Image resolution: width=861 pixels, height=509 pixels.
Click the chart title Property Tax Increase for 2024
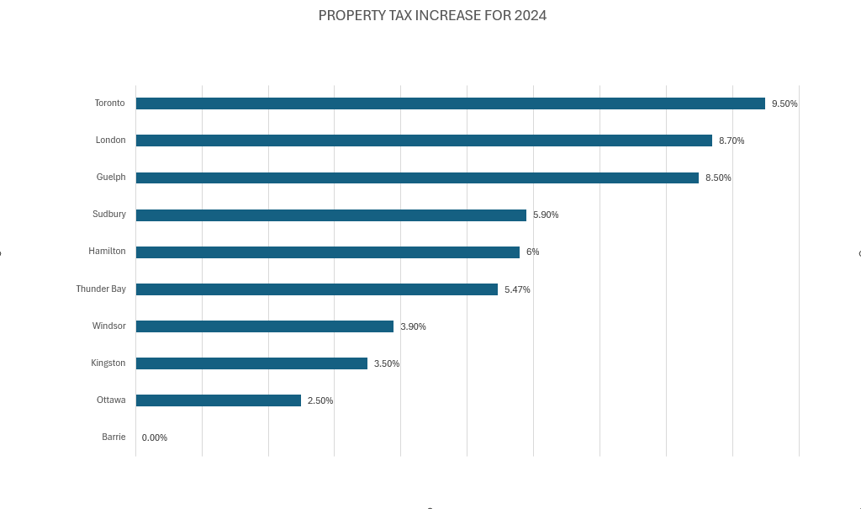click(432, 16)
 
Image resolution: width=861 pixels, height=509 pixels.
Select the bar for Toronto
click(450, 103)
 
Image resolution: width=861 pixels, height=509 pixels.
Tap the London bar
click(424, 141)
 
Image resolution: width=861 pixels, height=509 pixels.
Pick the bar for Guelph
click(417, 178)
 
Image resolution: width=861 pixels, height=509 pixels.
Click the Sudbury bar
click(330, 215)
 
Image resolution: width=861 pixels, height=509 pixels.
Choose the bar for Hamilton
click(327, 252)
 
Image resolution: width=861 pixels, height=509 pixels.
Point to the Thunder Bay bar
click(316, 289)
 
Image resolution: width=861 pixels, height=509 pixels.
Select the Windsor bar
click(264, 326)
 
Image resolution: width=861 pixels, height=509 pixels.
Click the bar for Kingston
click(251, 363)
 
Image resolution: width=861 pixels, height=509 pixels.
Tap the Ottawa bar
click(218, 400)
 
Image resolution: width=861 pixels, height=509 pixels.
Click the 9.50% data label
click(784, 103)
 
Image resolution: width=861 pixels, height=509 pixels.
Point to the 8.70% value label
click(732, 141)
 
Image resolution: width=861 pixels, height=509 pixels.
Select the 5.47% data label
click(517, 289)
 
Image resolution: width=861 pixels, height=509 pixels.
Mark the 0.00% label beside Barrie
click(155, 437)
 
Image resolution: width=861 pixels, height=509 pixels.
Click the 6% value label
click(533, 252)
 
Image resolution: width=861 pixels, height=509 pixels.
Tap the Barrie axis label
click(114, 437)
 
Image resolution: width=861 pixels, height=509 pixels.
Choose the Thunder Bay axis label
click(101, 289)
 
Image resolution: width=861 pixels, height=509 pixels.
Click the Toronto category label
click(109, 103)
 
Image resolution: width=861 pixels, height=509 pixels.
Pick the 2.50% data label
click(320, 400)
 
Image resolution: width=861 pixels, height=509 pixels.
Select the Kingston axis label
click(108, 363)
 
